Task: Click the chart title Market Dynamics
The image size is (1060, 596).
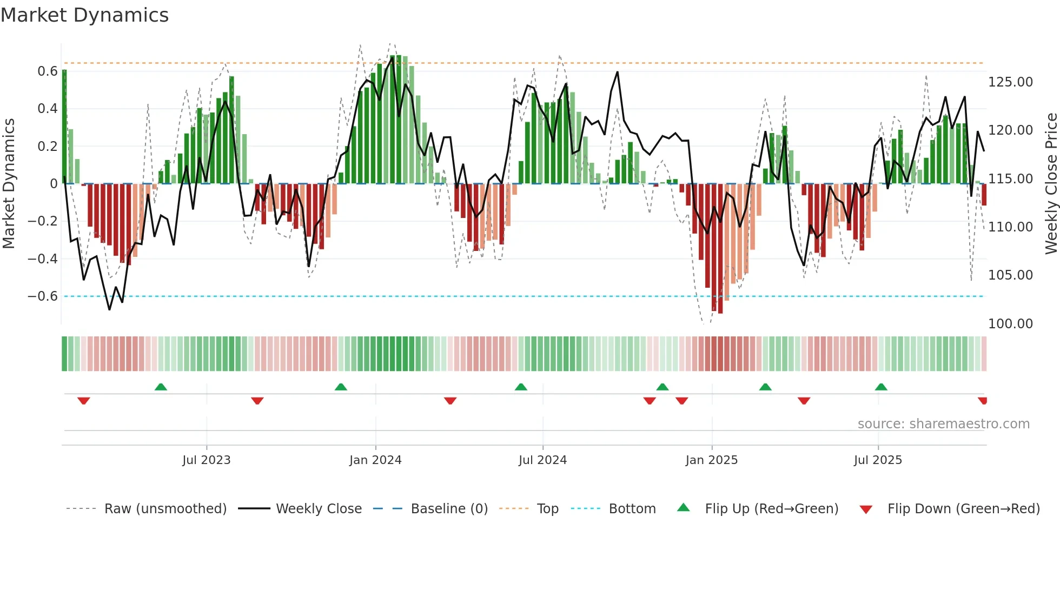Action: [x=84, y=15]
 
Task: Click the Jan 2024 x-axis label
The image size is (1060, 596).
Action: [x=375, y=460]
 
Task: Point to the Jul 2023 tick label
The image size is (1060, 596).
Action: [x=206, y=460]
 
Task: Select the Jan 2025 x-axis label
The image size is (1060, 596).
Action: [x=711, y=460]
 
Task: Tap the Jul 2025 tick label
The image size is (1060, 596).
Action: [x=878, y=460]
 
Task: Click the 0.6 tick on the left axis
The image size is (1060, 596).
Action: [x=47, y=71]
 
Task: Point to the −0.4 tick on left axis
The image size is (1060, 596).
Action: [x=42, y=259]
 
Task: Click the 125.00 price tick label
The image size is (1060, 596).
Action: [x=1010, y=82]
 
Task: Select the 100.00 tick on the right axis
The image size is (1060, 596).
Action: [x=1010, y=324]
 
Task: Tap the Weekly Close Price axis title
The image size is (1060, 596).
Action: [x=1051, y=184]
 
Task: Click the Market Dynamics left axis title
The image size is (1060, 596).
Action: [x=9, y=184]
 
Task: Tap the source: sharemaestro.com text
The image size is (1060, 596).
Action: [x=943, y=424]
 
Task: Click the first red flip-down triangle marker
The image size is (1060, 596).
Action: [x=83, y=401]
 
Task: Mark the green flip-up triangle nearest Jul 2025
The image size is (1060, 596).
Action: [x=881, y=387]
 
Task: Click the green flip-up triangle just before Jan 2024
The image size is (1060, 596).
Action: [x=341, y=387]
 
